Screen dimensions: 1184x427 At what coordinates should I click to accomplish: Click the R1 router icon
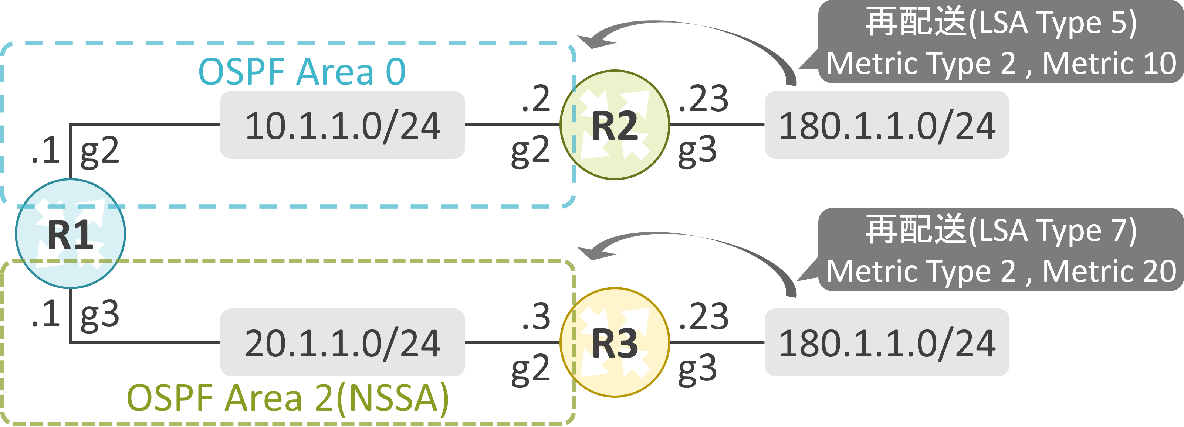click(x=70, y=234)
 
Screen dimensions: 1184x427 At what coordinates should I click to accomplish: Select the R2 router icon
click(x=615, y=125)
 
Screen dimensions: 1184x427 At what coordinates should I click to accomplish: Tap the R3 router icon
click(x=615, y=342)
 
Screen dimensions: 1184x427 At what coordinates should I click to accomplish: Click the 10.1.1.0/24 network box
click(x=342, y=125)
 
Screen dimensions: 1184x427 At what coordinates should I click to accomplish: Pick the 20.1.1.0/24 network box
click(x=342, y=342)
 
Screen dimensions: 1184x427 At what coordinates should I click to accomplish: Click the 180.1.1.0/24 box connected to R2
click(x=887, y=125)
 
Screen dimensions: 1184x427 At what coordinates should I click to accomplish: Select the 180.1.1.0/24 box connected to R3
click(x=887, y=342)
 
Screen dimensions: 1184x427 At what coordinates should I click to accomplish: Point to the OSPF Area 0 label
click(x=302, y=72)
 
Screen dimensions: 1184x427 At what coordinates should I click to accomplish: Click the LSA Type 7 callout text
click(x=1001, y=230)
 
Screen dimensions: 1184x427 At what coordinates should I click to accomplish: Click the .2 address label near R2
click(x=536, y=99)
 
